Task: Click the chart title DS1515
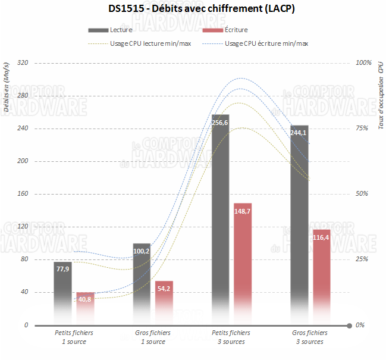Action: [x=193, y=9]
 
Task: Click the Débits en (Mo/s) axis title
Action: [x=7, y=86]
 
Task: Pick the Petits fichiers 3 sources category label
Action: [x=231, y=337]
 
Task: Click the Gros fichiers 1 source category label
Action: [x=153, y=337]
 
